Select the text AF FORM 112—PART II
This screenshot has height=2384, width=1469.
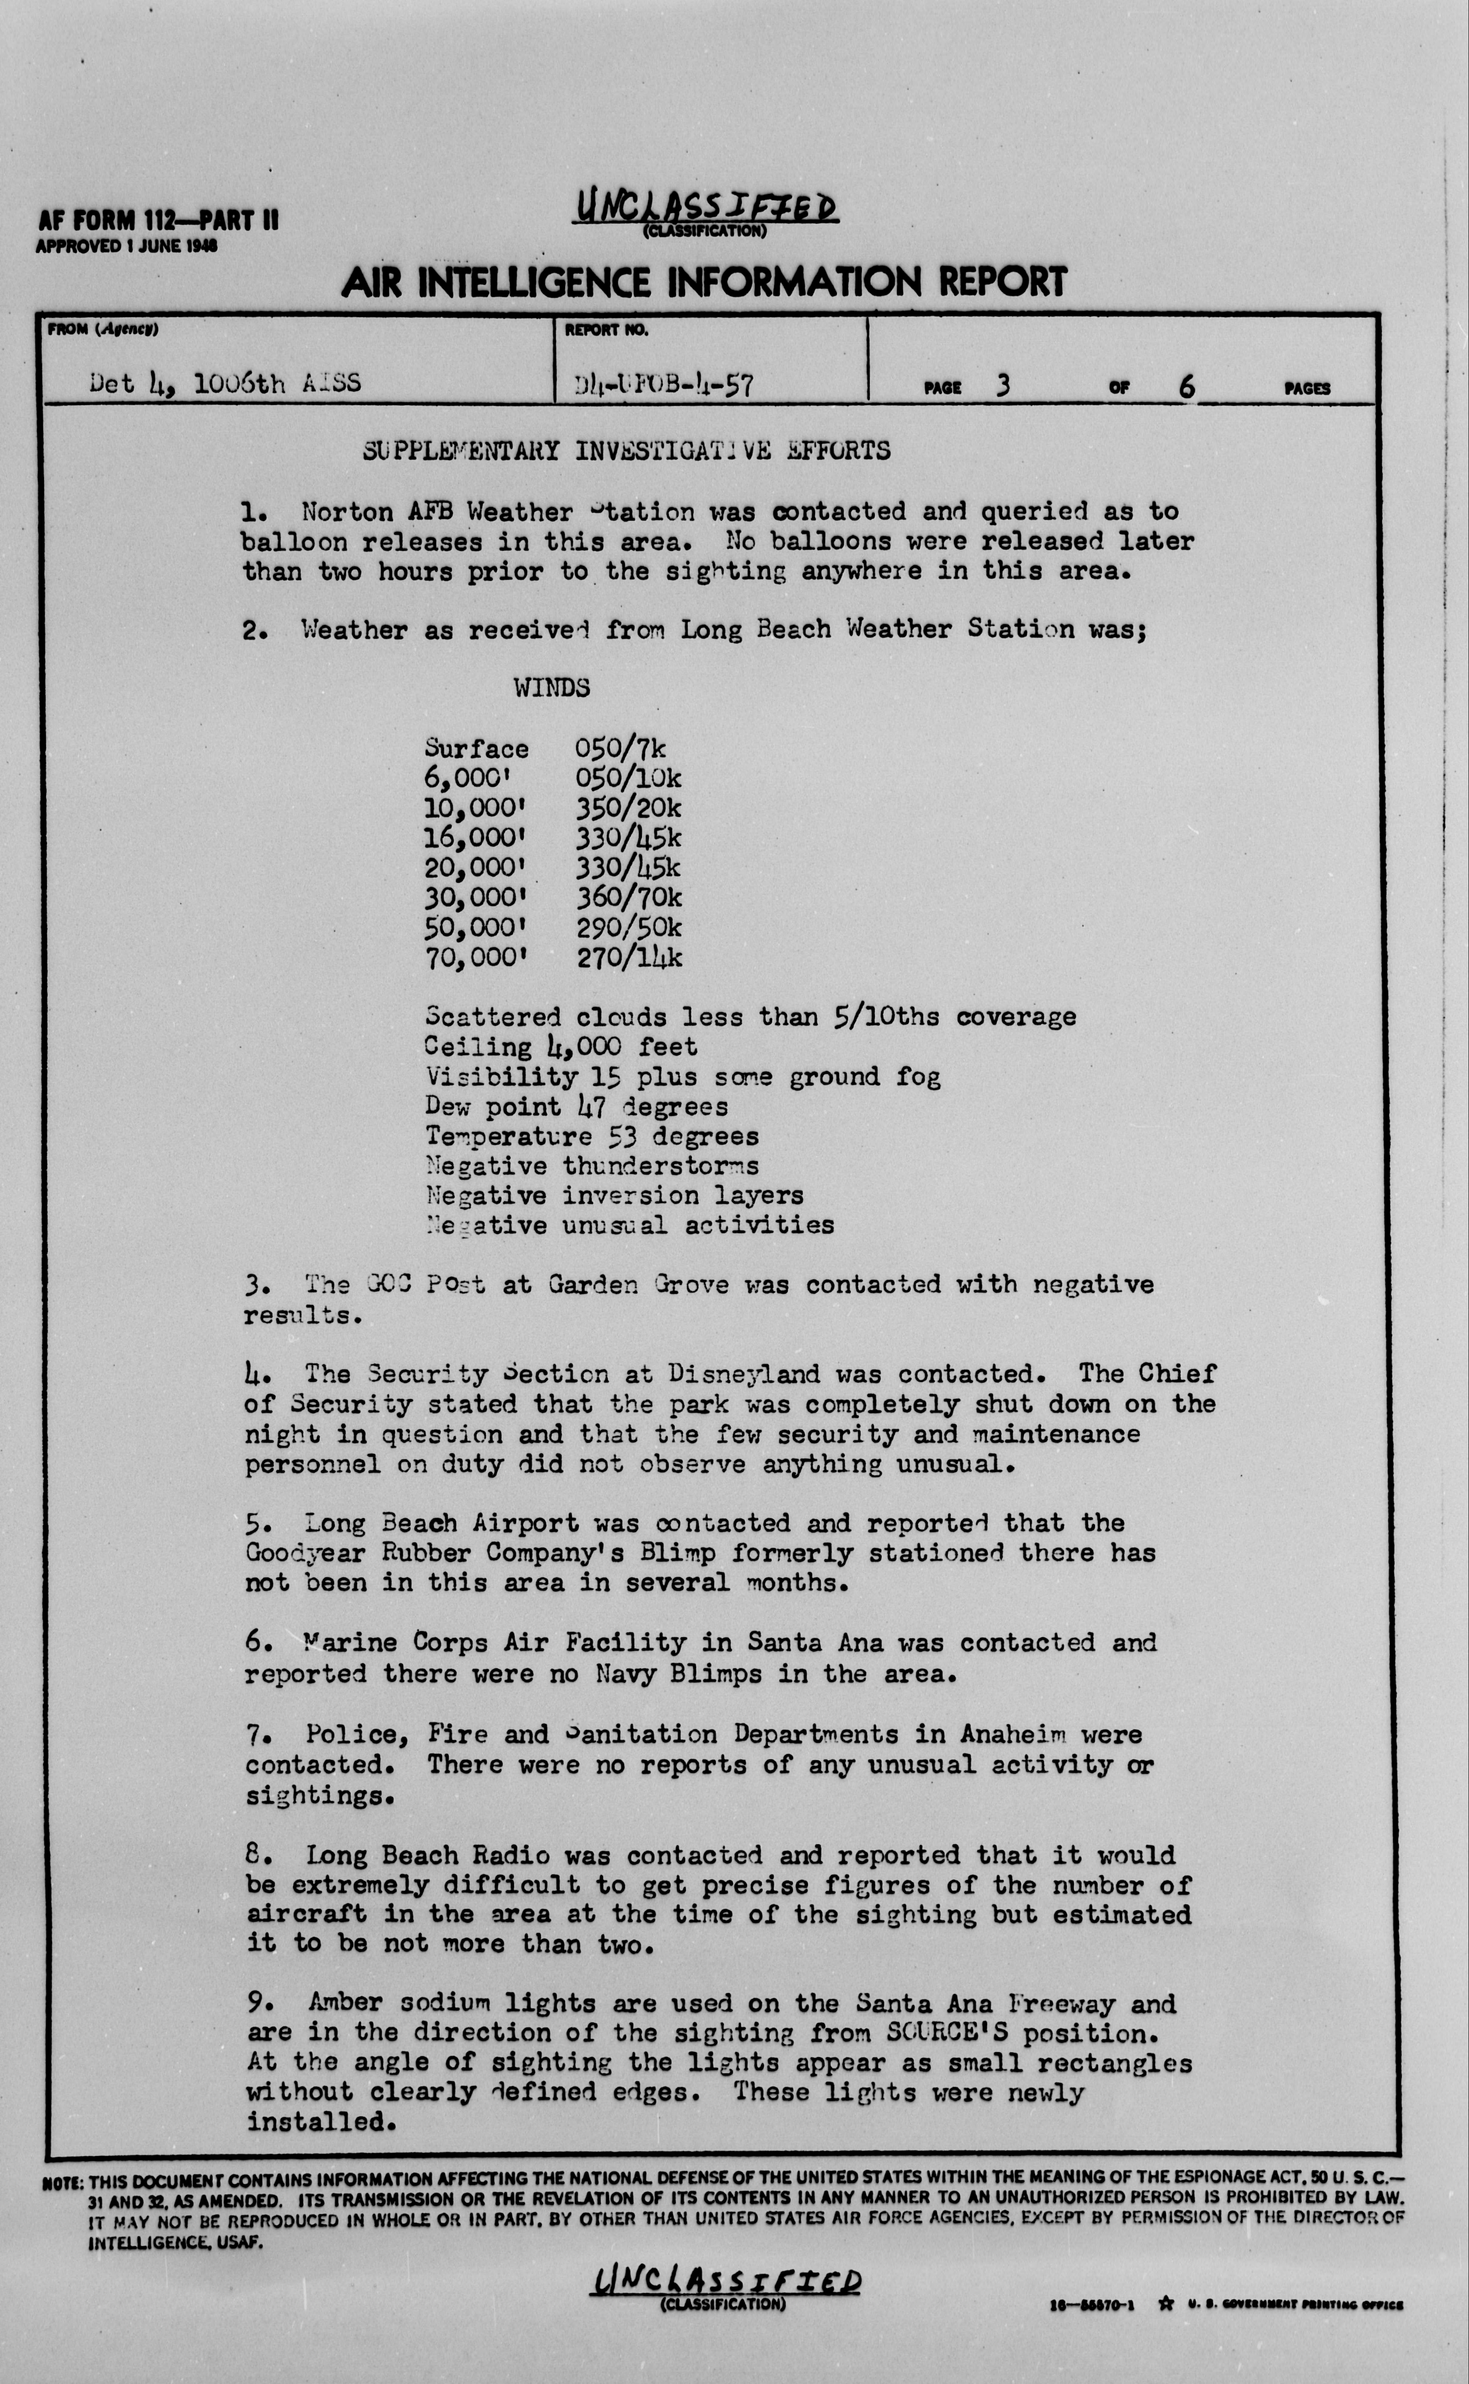point(157,221)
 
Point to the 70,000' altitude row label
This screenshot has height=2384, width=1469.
point(476,957)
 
